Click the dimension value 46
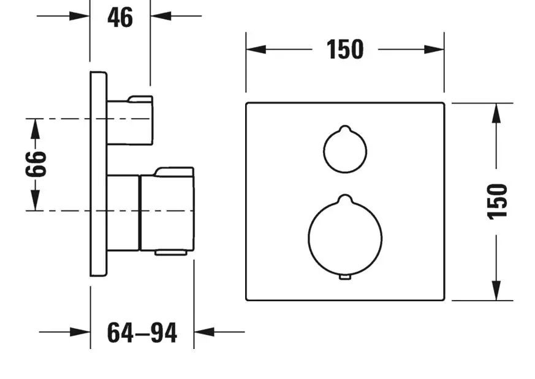[x=120, y=17]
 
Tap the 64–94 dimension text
[x=142, y=332]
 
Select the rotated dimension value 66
[x=36, y=164]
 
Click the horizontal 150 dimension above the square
[x=345, y=50]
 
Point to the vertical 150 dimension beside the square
[x=497, y=202]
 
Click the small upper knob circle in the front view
[x=324, y=150]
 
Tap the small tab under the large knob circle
[x=345, y=277]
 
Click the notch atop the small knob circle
[x=345, y=129]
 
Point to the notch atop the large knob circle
[x=345, y=199]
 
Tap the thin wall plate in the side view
[x=99, y=174]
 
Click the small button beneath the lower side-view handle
[x=170, y=252]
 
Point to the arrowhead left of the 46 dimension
[x=80, y=16]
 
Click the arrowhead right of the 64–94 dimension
[x=204, y=332]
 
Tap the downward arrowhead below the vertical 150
[x=496, y=290]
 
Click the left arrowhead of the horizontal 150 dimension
[x=256, y=50]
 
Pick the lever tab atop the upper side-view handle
[x=140, y=99]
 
